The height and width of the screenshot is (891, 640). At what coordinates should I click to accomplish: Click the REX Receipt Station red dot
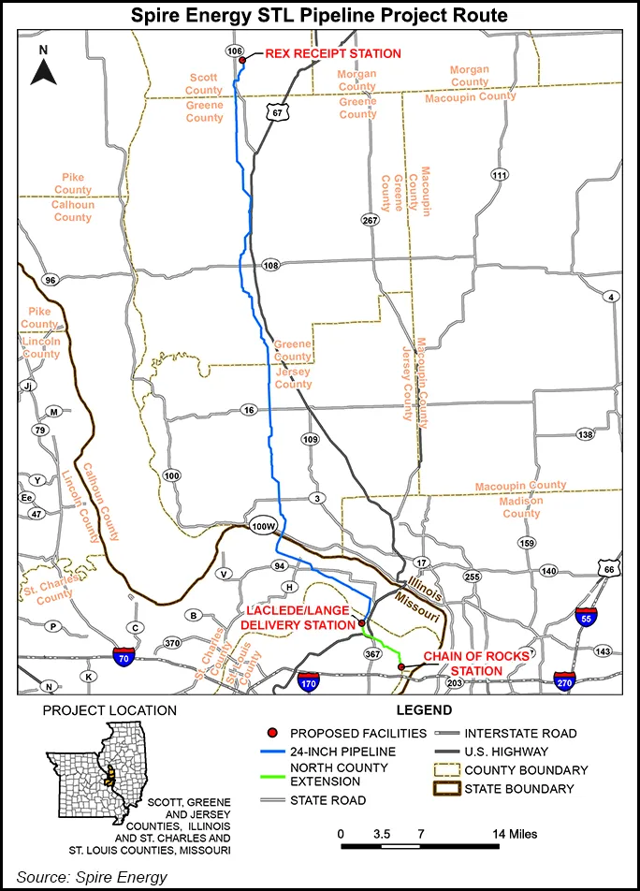(242, 61)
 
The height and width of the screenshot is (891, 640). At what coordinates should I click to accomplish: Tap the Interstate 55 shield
(588, 617)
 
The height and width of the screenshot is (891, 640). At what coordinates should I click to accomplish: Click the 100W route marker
(264, 526)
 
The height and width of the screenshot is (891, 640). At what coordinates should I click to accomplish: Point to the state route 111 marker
(500, 175)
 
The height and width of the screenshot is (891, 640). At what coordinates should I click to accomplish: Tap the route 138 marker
(586, 434)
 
